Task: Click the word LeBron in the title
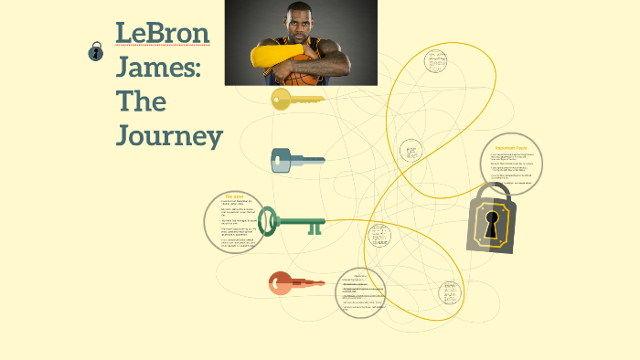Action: pyautogui.click(x=163, y=34)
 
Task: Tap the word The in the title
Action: pyautogui.click(x=141, y=101)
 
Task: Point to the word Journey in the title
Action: pyautogui.click(x=170, y=136)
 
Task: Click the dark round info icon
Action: pyautogui.click(x=96, y=52)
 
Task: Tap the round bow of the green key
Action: pyautogui.click(x=268, y=221)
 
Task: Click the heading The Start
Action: pyautogui.click(x=234, y=196)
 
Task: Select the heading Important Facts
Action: pyautogui.click(x=511, y=147)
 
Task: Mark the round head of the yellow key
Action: pyautogui.click(x=281, y=98)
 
